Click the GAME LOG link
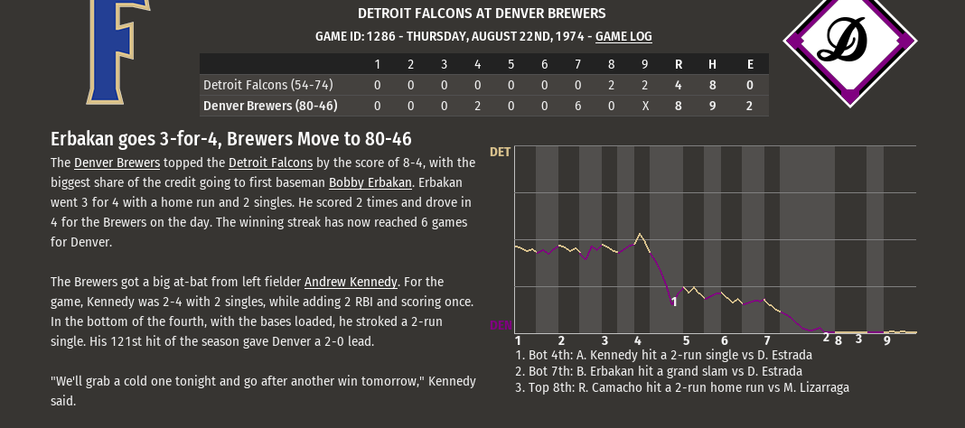pos(623,37)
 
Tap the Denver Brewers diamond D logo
pos(849,42)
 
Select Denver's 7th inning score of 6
pos(577,106)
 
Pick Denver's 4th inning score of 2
pos(477,106)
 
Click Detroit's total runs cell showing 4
pos(679,85)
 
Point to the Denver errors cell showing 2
pos(750,106)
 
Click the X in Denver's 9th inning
pos(644,106)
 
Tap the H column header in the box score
pos(712,64)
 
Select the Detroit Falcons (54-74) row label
pos(268,85)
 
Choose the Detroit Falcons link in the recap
pos(270,163)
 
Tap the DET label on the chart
pos(500,152)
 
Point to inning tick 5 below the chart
pos(686,340)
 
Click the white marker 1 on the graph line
pos(674,302)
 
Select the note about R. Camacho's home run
pos(682,387)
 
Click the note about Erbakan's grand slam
pos(658,371)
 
